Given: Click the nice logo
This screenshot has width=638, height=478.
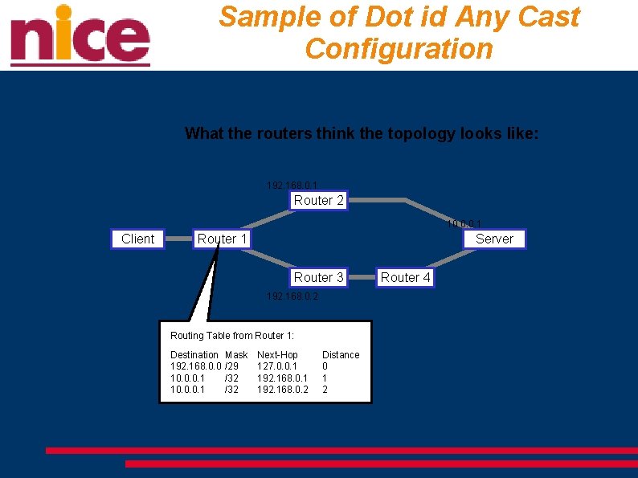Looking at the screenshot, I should point(80,36).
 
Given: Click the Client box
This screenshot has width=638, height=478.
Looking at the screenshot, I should point(137,239).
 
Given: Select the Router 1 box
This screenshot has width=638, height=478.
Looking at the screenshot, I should point(223,239).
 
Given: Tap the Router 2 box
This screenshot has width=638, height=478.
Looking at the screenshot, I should point(318,201).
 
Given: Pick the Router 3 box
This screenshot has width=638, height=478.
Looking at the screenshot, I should point(318,277).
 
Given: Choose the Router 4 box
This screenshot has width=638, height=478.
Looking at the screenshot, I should point(405,277).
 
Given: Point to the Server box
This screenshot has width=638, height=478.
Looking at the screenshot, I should point(494,239).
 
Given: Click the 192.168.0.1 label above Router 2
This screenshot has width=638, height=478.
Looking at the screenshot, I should point(292,186).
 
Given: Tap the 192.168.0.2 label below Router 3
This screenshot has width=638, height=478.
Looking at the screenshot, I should point(292,296).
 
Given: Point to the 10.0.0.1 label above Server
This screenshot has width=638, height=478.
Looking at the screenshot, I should point(464,224).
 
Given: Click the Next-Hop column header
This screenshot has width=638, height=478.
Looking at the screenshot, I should point(277,355).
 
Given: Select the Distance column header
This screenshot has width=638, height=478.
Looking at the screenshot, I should point(341,355).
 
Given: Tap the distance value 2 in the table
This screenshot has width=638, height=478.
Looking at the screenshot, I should point(325,390).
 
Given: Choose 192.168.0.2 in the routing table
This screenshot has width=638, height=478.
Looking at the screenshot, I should point(282,390).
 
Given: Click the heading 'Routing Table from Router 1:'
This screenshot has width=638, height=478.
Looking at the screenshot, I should point(232,336).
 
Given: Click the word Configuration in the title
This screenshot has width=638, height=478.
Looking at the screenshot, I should point(399,49).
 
